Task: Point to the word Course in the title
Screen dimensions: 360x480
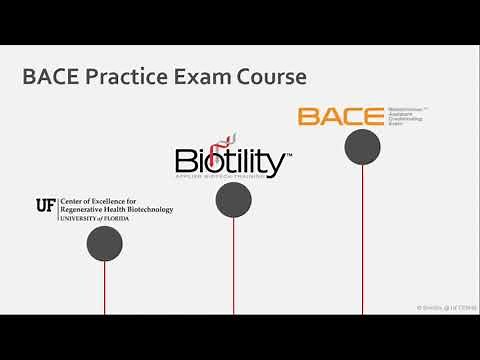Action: [268, 77]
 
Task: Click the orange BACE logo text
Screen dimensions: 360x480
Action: [340, 117]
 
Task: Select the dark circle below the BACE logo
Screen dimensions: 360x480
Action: [362, 147]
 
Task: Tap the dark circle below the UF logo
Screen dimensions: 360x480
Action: [104, 243]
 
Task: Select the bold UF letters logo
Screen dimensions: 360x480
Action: [45, 205]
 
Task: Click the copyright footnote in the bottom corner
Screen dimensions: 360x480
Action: [446, 308]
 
